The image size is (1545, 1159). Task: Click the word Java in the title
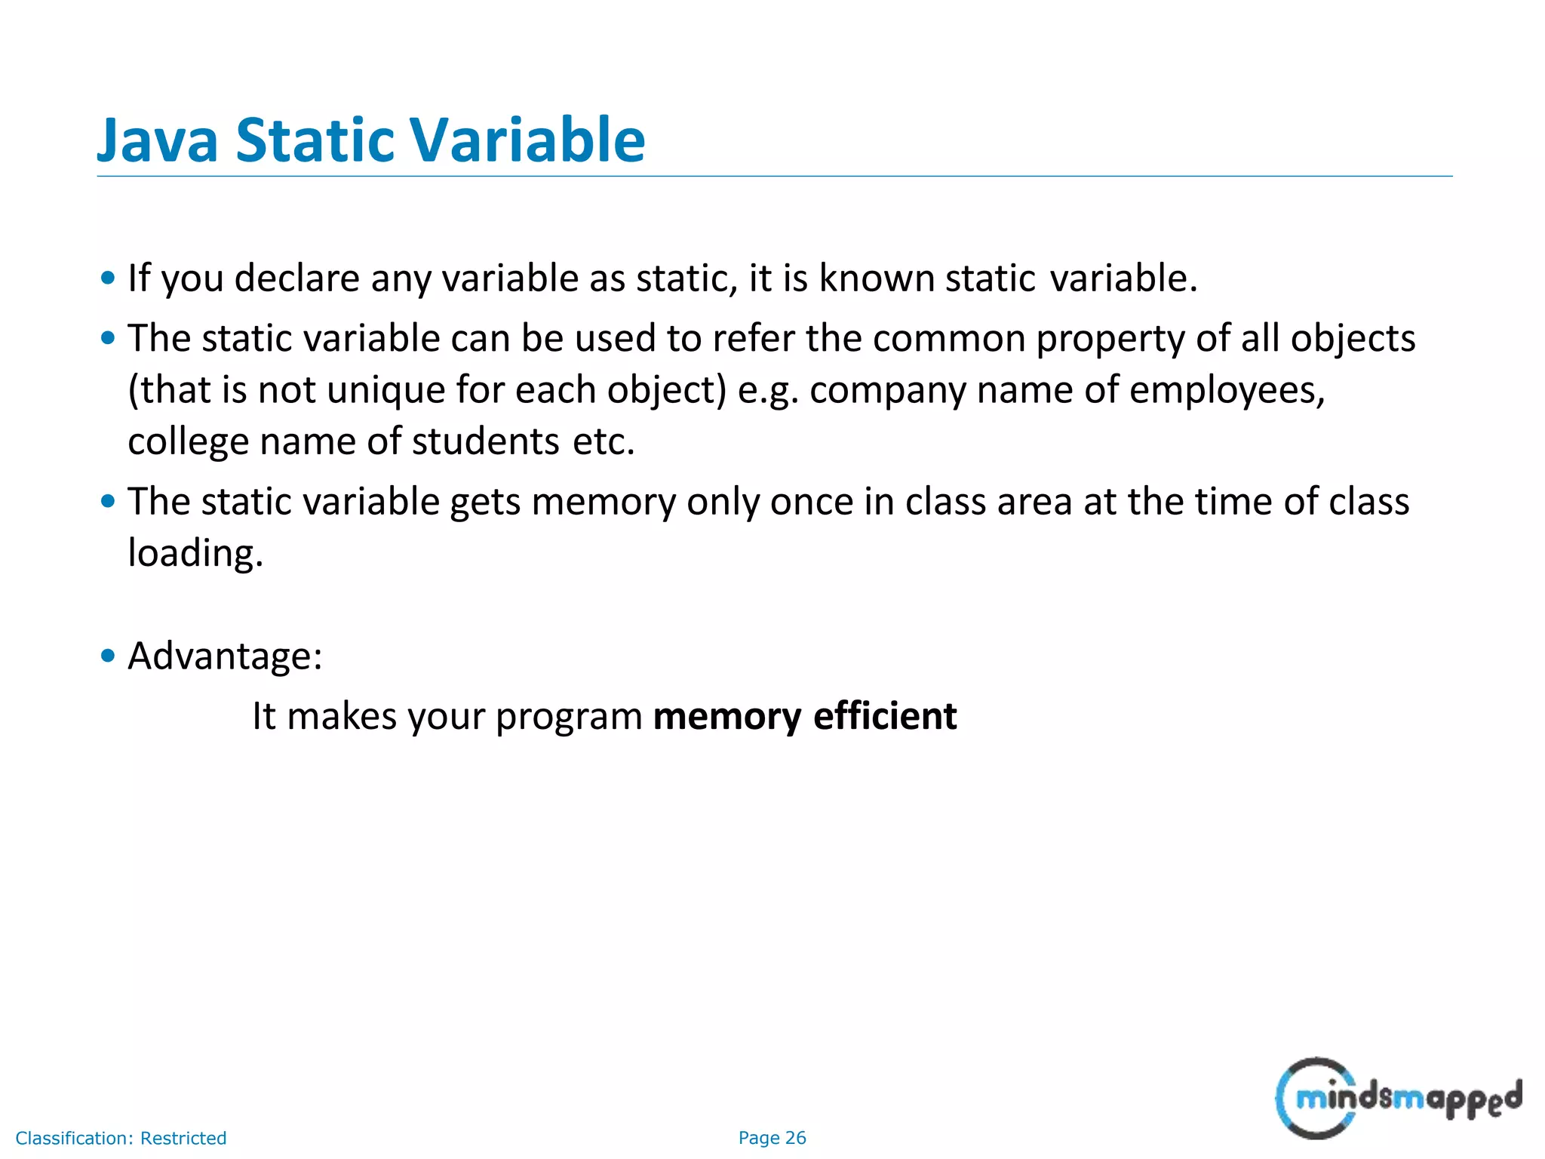pyautogui.click(x=158, y=141)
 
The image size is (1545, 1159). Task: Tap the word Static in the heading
pyautogui.click(x=315, y=141)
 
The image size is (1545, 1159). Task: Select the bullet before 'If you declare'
pyautogui.click(x=108, y=278)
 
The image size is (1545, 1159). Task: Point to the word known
pyautogui.click(x=877, y=278)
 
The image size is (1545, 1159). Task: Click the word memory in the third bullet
pyautogui.click(x=604, y=503)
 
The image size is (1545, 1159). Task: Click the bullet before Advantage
pyautogui.click(x=108, y=656)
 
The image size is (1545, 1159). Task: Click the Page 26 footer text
pyautogui.click(x=772, y=1138)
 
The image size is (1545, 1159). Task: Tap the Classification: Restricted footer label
pyautogui.click(x=121, y=1138)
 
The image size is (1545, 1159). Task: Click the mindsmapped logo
pyautogui.click(x=1397, y=1098)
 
